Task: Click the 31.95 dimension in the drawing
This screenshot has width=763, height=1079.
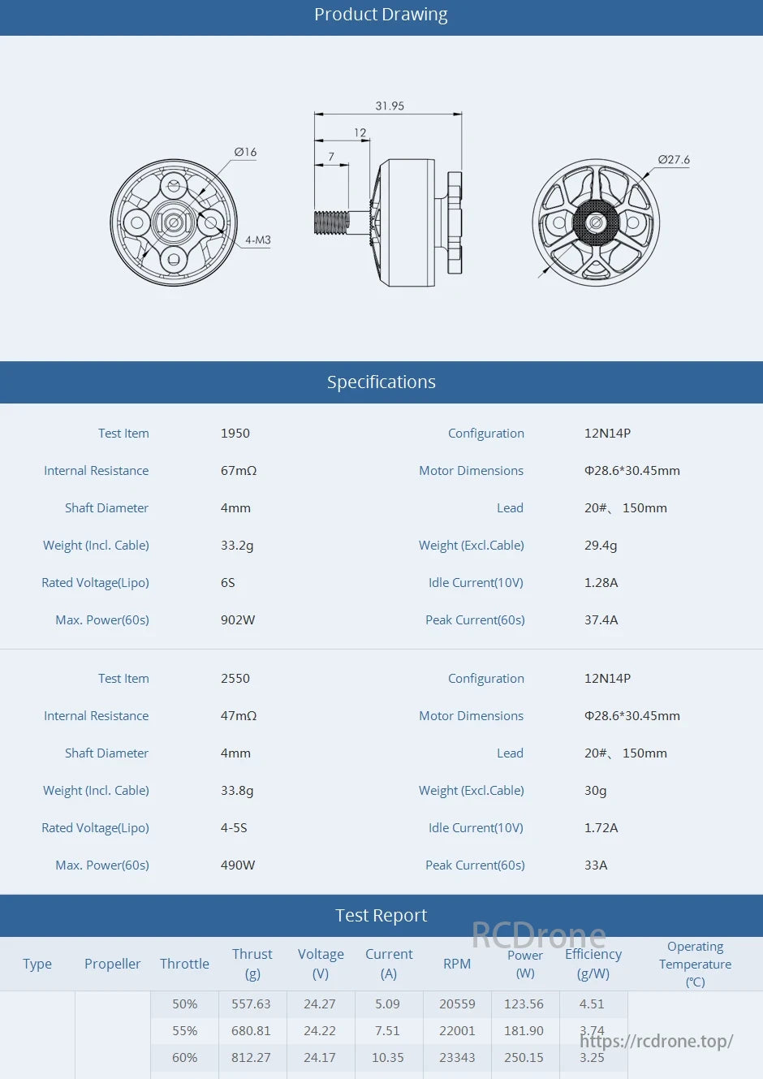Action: click(x=390, y=106)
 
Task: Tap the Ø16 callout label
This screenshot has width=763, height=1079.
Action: click(x=245, y=152)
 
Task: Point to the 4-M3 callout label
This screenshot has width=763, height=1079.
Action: click(x=258, y=240)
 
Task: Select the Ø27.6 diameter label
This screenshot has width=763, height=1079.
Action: click(x=674, y=160)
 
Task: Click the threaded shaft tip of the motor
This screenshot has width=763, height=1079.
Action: click(x=331, y=222)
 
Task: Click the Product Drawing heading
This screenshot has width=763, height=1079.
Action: click(x=381, y=15)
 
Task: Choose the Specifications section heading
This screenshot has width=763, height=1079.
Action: click(x=381, y=382)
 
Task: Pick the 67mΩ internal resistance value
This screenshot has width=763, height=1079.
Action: click(x=239, y=471)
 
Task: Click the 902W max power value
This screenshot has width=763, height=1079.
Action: click(x=238, y=620)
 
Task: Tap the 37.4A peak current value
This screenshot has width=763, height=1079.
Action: click(x=601, y=620)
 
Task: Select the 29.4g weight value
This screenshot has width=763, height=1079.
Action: click(x=601, y=546)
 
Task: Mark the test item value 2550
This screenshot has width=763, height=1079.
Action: click(x=235, y=679)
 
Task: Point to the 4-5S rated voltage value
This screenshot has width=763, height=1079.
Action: click(x=234, y=828)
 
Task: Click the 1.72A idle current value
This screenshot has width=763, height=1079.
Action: click(x=601, y=828)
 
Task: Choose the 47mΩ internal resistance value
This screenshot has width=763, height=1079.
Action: click(x=239, y=716)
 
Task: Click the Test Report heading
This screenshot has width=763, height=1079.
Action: click(x=381, y=916)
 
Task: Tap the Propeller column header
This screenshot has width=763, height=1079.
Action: click(x=112, y=964)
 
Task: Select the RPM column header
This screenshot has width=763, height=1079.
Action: click(x=457, y=964)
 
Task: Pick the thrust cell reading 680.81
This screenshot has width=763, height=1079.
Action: click(x=251, y=1031)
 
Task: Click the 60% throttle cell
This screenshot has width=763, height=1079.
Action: click(x=184, y=1058)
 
